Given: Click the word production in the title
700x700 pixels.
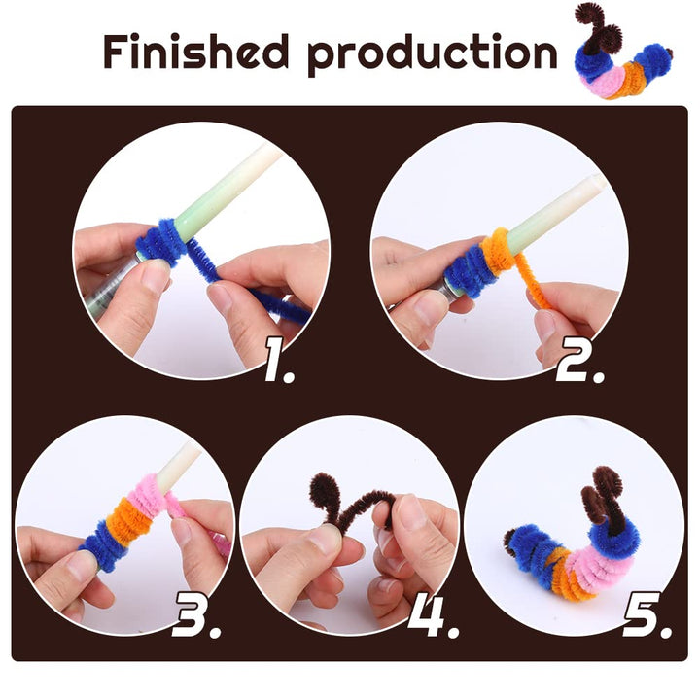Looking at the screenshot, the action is pyautogui.click(x=432, y=54).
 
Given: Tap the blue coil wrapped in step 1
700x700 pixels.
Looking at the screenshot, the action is pyautogui.click(x=160, y=240).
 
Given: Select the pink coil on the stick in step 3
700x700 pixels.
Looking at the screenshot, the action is pyautogui.click(x=147, y=497).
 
